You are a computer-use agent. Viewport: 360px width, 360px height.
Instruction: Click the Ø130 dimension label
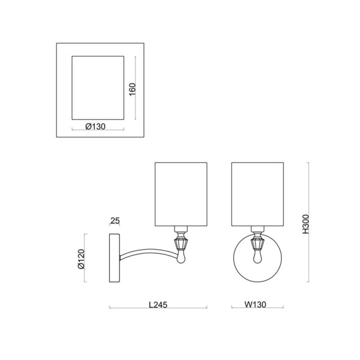click(x=95, y=127)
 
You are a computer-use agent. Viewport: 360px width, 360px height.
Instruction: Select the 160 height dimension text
click(x=133, y=89)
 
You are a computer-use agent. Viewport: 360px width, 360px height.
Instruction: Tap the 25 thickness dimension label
click(x=115, y=221)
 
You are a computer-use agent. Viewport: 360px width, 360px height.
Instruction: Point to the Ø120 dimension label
click(x=82, y=259)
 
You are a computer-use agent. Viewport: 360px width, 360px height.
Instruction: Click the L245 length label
click(x=158, y=305)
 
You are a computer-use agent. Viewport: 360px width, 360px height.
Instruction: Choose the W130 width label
click(x=256, y=304)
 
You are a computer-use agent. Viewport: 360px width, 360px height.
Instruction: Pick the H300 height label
click(x=306, y=224)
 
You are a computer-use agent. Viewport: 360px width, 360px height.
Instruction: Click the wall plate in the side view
click(x=115, y=258)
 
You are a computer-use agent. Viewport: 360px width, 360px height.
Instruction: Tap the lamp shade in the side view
click(x=181, y=194)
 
